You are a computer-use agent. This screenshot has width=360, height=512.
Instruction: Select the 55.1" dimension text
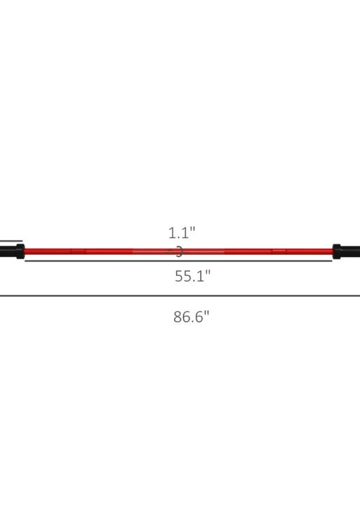192,276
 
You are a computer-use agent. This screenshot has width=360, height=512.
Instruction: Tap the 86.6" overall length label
192,316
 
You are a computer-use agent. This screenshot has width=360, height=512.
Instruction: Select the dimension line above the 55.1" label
179,261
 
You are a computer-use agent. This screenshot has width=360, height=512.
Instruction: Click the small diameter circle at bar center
179,251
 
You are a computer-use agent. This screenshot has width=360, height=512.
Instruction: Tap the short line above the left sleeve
11,241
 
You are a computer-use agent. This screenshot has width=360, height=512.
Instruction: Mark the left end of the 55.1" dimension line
26,261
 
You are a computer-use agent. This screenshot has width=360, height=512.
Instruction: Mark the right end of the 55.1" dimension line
331,261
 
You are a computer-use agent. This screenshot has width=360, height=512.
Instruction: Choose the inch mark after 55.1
208,273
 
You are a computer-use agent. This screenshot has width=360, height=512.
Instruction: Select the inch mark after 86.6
207,313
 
